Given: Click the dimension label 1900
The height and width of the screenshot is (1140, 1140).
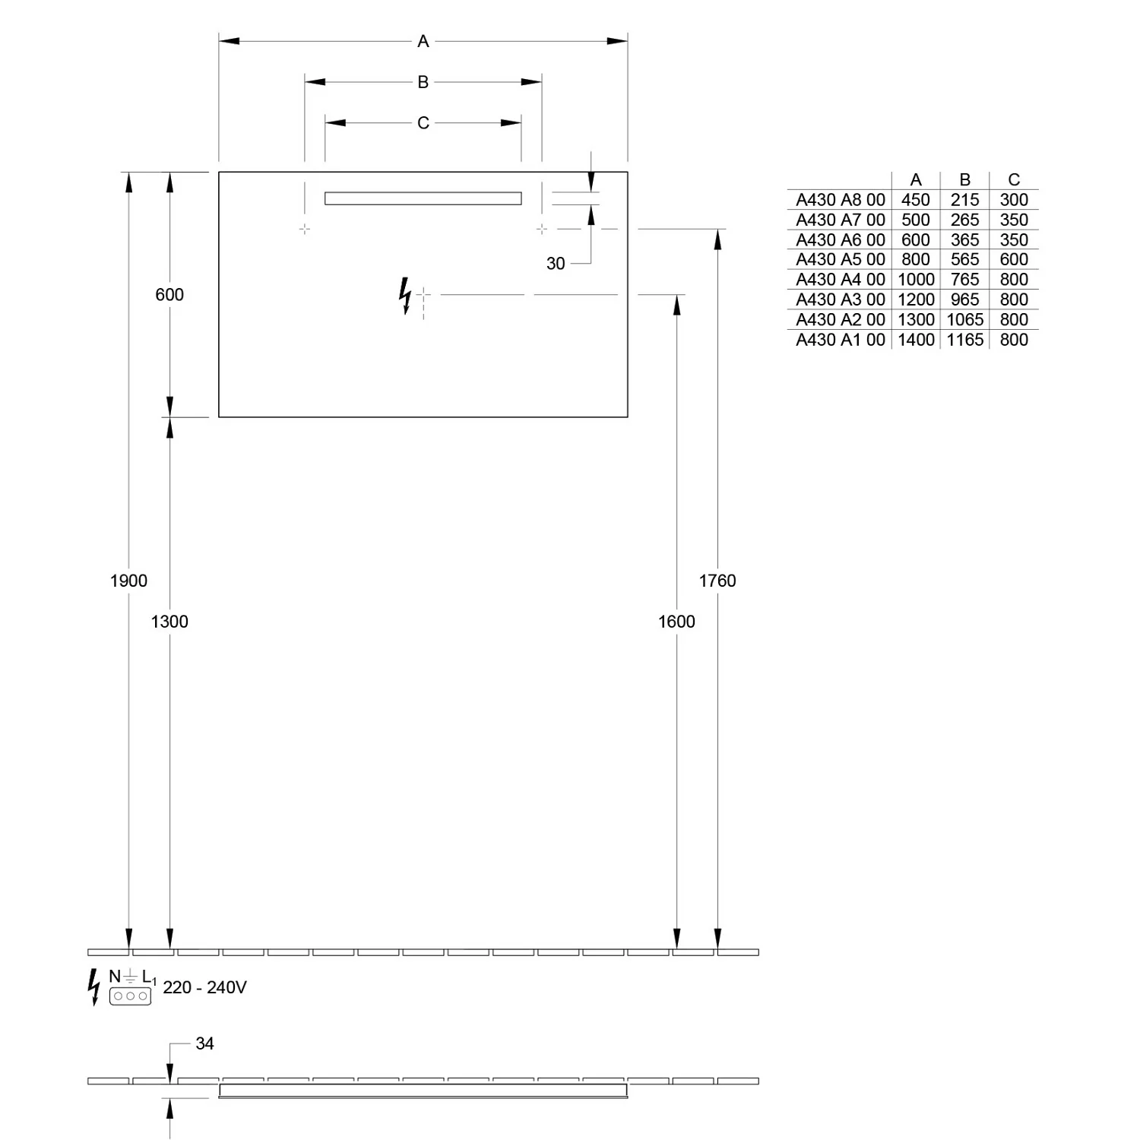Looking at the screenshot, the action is coord(128,581).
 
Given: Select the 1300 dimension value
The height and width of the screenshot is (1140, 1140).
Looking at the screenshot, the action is coord(169,622).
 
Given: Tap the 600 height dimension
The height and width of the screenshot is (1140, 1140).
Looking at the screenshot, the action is coord(169,295).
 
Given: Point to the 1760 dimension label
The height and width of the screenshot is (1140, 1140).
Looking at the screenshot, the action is coord(717,581).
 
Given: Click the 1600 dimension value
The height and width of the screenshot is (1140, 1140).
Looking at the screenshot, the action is coord(676,622).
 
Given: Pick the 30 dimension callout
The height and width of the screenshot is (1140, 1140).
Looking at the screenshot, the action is coord(556,264).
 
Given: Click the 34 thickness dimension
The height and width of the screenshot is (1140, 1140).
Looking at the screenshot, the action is coord(204,1043).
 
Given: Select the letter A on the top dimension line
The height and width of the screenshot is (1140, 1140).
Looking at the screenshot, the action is coord(423,41).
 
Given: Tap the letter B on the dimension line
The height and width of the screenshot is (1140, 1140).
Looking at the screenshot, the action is coord(423,82).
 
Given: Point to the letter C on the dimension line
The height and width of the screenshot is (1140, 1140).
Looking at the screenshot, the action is coord(423,123).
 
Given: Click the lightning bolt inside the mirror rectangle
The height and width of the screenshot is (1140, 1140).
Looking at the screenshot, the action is coord(405,296).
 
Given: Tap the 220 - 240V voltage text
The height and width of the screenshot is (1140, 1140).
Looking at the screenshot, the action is coord(204,987).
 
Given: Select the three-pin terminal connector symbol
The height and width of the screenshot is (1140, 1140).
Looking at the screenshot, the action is coord(130,996).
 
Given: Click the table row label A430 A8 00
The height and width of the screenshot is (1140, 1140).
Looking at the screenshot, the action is coord(841,200).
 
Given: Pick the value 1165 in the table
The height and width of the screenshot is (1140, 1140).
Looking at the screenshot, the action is coord(965,340).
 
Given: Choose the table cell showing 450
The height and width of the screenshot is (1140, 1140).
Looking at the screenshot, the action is coord(916,200).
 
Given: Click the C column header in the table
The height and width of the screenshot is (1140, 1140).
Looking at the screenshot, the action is coord(1014,179).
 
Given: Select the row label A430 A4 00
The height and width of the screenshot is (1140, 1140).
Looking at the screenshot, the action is coord(841,280).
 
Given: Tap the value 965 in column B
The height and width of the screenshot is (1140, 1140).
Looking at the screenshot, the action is coord(965,299).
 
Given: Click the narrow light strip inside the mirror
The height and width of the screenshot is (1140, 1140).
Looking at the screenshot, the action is coord(423,198).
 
